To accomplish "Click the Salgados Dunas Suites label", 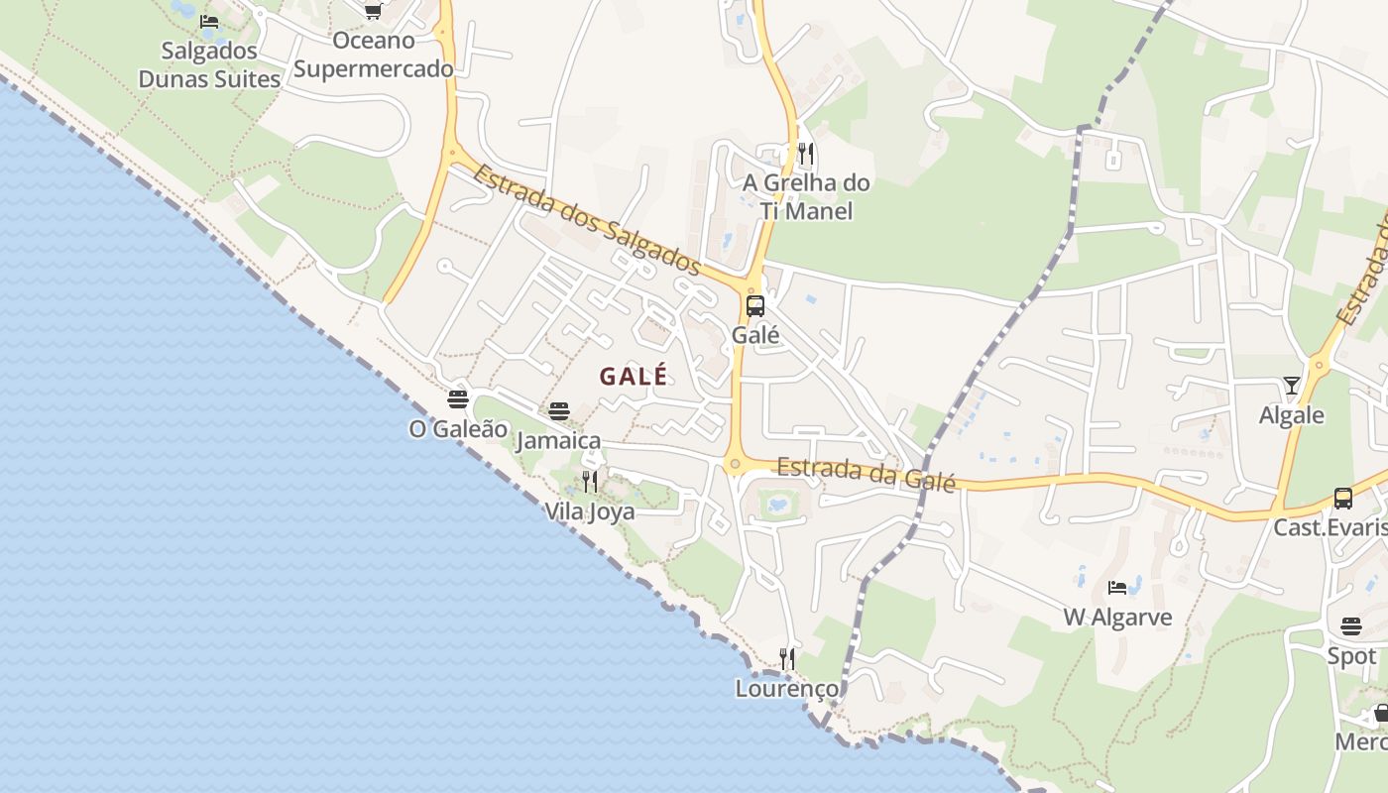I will click(x=209, y=64).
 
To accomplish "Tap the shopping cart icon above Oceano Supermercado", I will click(x=373, y=12).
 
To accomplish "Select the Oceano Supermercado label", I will click(x=373, y=55).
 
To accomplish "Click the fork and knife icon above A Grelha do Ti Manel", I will click(x=806, y=154).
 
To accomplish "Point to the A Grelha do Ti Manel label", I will click(x=806, y=196).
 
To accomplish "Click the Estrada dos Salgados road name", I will click(x=587, y=220).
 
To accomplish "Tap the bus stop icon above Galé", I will click(x=755, y=305).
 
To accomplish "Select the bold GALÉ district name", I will click(x=634, y=377).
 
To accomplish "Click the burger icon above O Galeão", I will click(x=458, y=399).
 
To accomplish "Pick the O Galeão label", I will click(x=458, y=429).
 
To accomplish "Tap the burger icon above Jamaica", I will click(x=559, y=411).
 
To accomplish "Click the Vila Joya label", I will click(x=590, y=511).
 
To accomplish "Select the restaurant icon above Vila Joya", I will click(x=590, y=482).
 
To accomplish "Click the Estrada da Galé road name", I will click(x=866, y=473).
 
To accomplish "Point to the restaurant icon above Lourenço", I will click(x=787, y=658).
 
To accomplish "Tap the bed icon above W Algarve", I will click(x=1117, y=587).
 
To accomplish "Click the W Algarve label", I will click(x=1117, y=618).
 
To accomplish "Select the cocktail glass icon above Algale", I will click(x=1291, y=385).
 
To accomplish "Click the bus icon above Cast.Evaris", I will click(x=1343, y=498).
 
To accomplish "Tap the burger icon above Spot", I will click(x=1351, y=626).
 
